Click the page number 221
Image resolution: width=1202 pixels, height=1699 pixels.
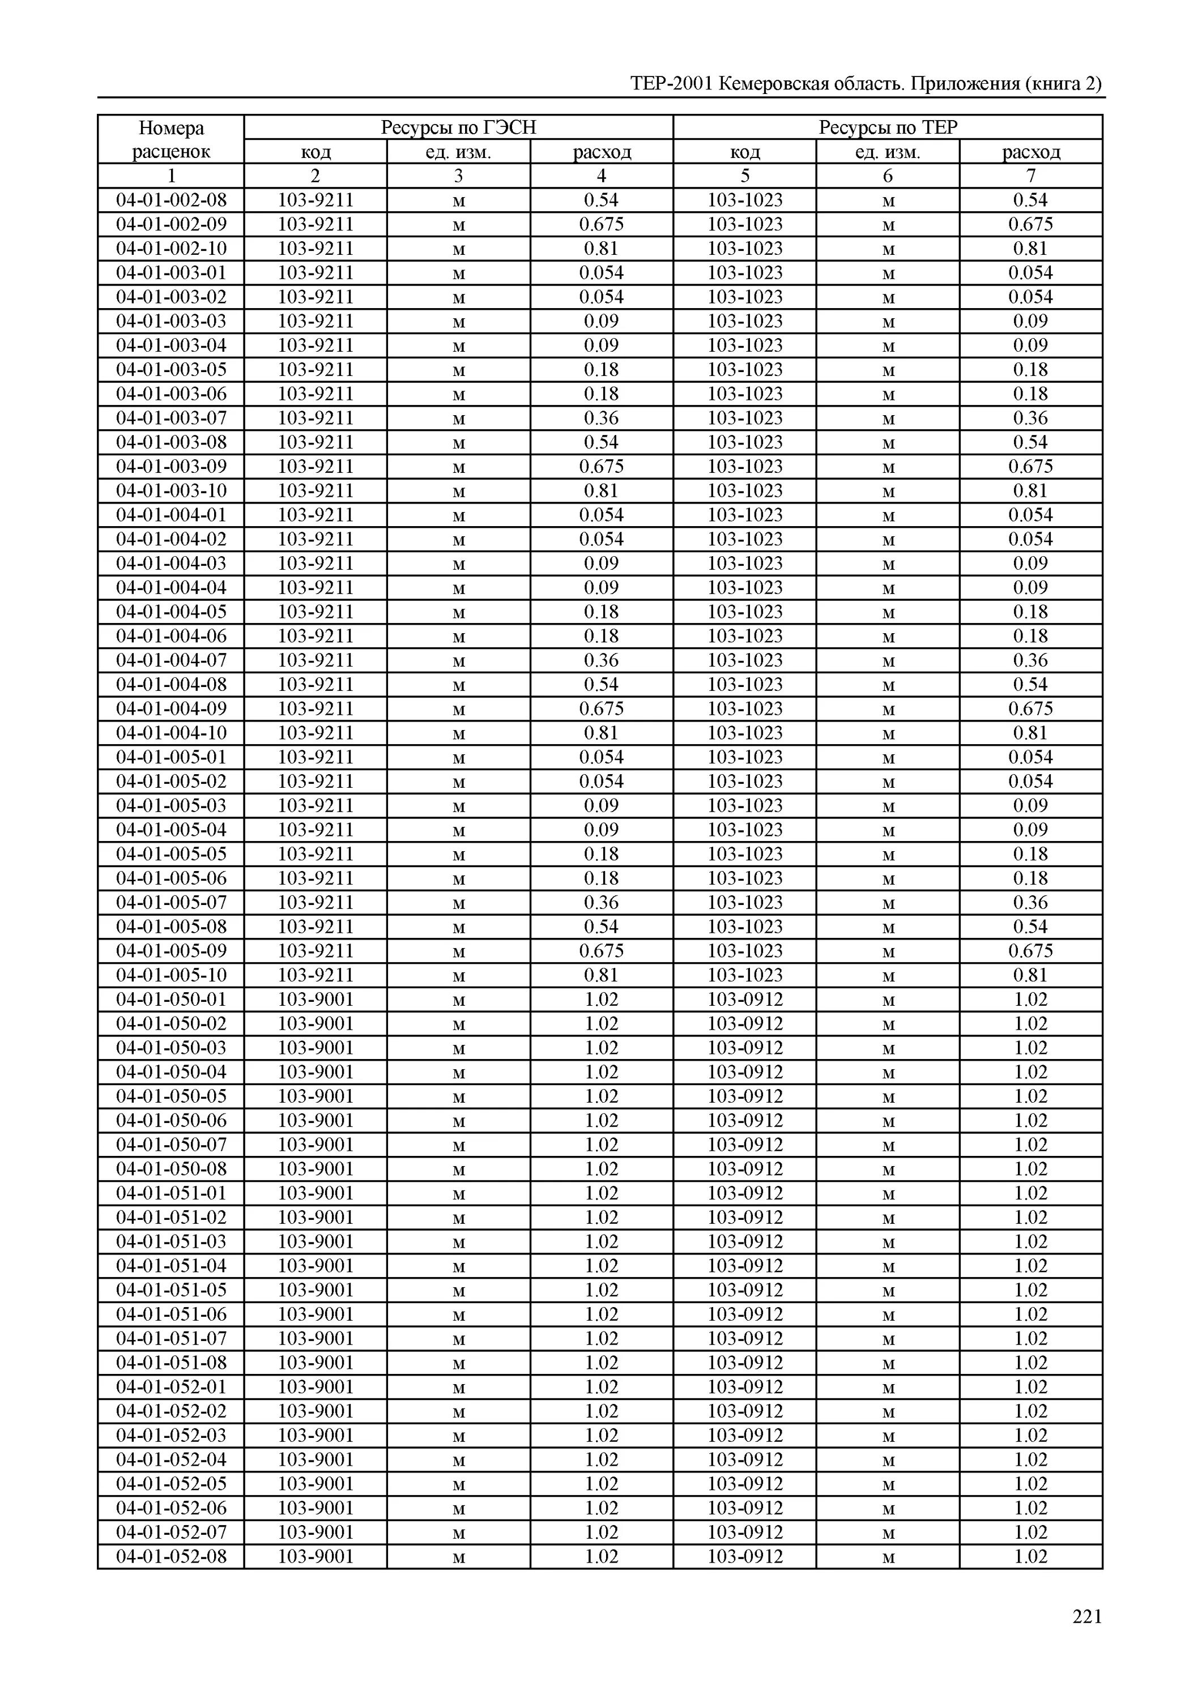1086,1617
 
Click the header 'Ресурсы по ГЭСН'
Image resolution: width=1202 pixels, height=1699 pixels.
458,128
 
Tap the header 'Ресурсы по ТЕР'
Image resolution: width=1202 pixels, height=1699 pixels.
888,128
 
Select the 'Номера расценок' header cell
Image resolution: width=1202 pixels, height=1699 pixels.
171,140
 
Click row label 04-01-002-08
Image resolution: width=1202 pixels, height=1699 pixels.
171,200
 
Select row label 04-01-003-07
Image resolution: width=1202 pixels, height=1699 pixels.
171,418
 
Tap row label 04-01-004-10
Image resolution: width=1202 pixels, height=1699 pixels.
171,733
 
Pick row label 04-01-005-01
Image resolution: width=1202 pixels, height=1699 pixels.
171,757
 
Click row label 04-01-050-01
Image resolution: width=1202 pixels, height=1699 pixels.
171,999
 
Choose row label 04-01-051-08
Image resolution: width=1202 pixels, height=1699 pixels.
171,1362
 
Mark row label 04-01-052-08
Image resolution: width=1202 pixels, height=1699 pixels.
171,1556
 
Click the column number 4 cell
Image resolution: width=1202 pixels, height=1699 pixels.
601,176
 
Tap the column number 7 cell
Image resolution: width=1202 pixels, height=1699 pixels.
1030,176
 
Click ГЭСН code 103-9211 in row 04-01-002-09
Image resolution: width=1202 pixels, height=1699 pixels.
316,224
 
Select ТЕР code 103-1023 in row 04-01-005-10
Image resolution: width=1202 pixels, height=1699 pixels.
744,975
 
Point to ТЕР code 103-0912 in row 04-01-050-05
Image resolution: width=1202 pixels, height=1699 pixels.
744,1096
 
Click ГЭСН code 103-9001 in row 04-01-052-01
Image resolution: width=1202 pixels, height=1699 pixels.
316,1387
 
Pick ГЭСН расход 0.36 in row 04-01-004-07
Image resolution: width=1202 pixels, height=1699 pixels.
601,660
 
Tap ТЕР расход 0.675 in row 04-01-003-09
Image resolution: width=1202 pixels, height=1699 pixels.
1030,466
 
